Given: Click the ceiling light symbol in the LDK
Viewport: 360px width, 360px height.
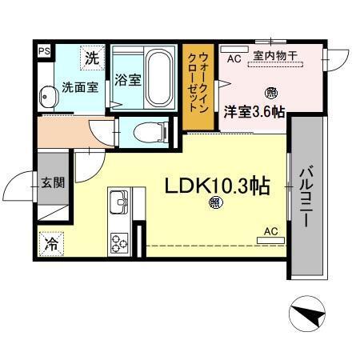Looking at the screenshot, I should [214, 204].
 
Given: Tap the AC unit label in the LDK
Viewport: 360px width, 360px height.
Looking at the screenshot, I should [270, 233].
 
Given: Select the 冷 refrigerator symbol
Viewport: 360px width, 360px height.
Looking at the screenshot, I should [51, 242].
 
